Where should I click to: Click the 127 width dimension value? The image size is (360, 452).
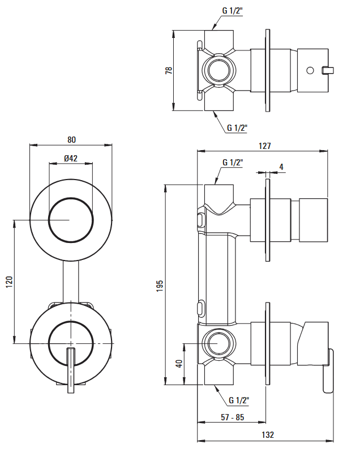(x=265, y=146)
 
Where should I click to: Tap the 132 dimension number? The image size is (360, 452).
(x=268, y=434)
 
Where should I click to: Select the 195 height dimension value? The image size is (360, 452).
(x=160, y=285)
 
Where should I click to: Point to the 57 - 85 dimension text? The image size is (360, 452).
(x=233, y=417)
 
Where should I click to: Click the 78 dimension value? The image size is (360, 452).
(x=169, y=70)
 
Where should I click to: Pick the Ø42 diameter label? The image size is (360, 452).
(x=71, y=158)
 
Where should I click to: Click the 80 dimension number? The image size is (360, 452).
(x=72, y=140)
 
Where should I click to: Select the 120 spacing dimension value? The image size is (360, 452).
(x=10, y=282)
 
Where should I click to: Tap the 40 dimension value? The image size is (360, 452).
(x=179, y=364)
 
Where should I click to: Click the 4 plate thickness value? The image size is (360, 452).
(x=281, y=167)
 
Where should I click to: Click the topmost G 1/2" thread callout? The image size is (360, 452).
(x=233, y=11)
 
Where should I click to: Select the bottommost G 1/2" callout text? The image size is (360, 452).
(x=239, y=400)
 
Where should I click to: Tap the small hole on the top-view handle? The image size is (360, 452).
(x=310, y=70)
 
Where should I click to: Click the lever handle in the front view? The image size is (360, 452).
(x=71, y=370)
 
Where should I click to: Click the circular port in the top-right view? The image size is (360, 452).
(x=219, y=70)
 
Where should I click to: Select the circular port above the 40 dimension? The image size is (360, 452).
(x=219, y=344)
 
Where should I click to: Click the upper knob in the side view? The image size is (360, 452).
(x=314, y=220)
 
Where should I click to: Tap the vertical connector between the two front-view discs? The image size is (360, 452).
(x=71, y=282)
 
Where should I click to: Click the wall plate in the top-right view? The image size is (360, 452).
(x=268, y=70)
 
